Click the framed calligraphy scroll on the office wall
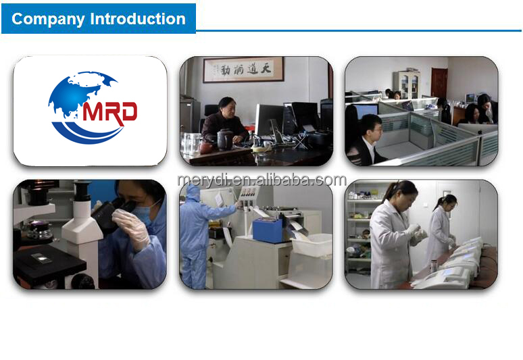[x=243, y=69]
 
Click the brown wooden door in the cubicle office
[x=439, y=84]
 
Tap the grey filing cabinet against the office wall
[x=407, y=84]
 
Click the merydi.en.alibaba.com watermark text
[x=261, y=180]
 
